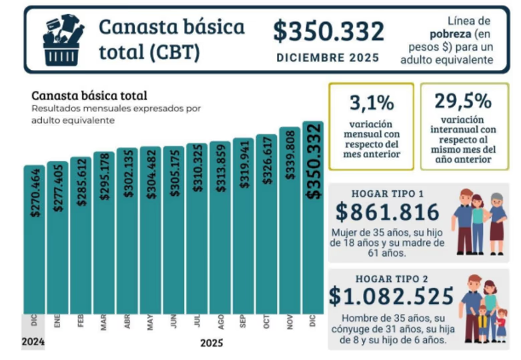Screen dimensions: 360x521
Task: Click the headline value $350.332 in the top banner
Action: coord(328,31)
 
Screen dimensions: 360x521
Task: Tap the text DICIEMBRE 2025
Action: coord(328,58)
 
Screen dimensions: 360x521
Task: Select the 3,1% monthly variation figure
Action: coord(370,103)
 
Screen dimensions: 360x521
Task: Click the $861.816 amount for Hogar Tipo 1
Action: coord(388,212)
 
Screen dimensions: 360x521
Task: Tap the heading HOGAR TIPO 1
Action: coord(388,193)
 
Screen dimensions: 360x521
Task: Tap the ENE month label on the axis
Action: coord(57,321)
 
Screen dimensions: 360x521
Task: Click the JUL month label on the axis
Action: coord(197,321)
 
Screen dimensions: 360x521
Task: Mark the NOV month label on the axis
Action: coord(290,321)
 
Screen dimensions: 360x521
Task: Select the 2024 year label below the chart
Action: coord(33,343)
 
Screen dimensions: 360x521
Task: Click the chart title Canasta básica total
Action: coord(89,96)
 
